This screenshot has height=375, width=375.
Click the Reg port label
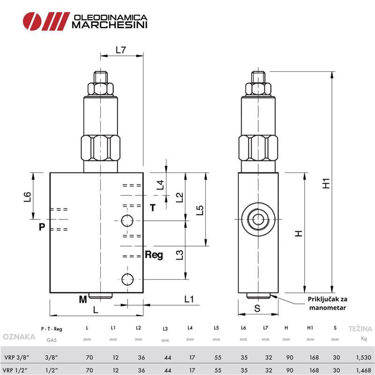[x=154, y=255]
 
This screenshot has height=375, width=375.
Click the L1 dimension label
[x=189, y=299]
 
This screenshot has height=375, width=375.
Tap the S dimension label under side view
[x=257, y=308]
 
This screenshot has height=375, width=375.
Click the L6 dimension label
[x=27, y=196]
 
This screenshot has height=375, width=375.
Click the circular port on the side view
[x=257, y=219]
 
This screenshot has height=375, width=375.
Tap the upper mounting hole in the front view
[x=127, y=220]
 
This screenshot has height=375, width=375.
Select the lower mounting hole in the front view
[x=127, y=279]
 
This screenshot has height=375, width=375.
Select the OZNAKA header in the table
[x=19, y=337]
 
